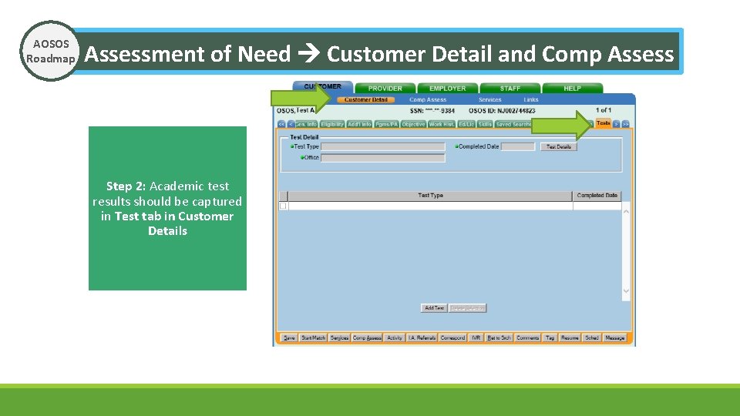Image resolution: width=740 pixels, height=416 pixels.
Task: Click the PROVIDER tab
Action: point(384,89)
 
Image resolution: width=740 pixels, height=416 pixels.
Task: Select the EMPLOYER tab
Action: point(447,89)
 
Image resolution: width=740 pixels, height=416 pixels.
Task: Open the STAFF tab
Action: point(510,89)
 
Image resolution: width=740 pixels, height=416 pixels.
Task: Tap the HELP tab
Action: point(572,89)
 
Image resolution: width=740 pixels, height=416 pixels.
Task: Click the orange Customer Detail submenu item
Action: point(366,100)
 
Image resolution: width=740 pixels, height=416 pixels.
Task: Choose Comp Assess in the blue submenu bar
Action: point(428,100)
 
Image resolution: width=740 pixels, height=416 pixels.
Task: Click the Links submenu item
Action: point(531,100)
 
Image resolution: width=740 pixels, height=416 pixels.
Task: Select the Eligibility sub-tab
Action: point(332,124)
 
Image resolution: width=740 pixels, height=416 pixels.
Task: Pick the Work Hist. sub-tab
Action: point(442,124)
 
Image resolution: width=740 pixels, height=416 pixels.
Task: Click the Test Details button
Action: point(559,146)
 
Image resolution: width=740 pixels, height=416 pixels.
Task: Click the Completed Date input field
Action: point(517,146)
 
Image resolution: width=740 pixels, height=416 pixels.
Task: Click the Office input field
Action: point(383,158)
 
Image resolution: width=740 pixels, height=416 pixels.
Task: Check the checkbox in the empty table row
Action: point(283,206)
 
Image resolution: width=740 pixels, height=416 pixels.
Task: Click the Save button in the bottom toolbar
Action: point(289,338)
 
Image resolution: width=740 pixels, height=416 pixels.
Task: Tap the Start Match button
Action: point(313,338)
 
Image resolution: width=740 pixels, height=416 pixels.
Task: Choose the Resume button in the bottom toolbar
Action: point(570,338)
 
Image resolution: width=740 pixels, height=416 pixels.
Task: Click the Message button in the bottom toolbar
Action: point(615,338)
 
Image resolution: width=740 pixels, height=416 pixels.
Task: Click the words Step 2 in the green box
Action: point(126,186)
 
